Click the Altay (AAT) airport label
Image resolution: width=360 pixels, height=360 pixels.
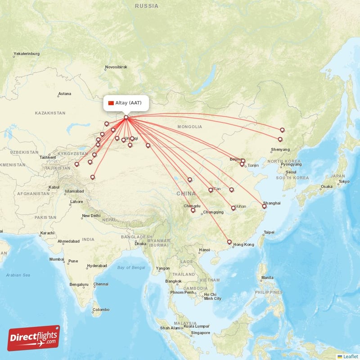128,103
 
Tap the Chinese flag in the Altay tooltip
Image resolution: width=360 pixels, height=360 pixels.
111,103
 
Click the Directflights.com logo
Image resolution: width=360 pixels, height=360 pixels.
34,338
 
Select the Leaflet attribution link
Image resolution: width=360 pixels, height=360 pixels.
350,356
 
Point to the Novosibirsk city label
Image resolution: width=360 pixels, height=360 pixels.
116,67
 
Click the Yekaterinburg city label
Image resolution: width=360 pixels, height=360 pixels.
27,54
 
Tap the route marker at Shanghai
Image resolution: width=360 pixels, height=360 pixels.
265,207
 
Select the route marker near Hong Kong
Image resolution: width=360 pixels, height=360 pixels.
229,242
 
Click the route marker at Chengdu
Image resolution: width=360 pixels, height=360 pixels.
193,210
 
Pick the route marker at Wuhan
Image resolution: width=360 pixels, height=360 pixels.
233,207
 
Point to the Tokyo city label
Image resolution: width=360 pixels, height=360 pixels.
344,182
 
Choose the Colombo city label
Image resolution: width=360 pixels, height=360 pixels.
101,310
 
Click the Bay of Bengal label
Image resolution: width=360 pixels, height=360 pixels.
131,268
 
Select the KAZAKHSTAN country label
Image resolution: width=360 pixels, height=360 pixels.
50,113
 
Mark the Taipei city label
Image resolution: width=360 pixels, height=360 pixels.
269,233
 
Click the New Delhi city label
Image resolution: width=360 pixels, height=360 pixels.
91,216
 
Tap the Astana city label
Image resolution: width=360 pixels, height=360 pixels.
65,94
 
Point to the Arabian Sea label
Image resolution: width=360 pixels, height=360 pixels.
18,275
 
